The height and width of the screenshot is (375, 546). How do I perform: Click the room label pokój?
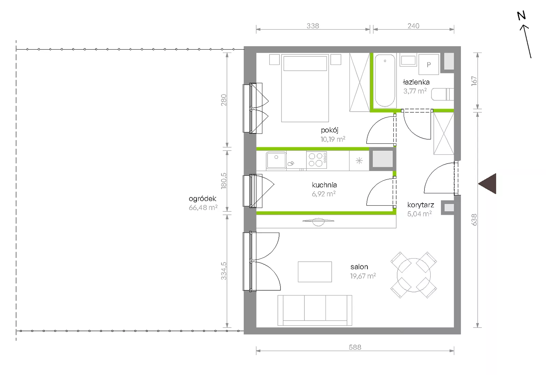point(330,130)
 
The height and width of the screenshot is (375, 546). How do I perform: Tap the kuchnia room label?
point(324,185)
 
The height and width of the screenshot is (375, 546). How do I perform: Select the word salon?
point(359,267)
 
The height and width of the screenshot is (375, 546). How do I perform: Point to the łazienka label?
point(416,82)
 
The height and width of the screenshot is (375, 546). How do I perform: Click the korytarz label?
point(420,205)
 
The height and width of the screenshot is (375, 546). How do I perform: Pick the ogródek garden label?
point(202,199)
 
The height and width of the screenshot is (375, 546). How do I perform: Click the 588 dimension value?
point(355,347)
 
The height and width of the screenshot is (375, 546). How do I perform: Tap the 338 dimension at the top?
point(313,26)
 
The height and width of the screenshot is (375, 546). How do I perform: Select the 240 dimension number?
point(413,26)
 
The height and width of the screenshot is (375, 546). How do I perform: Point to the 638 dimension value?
point(474,220)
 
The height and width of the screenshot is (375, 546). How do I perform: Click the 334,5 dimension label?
point(224,271)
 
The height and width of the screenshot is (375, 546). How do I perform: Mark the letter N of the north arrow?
point(521,16)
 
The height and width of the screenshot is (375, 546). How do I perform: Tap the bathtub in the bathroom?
point(385,81)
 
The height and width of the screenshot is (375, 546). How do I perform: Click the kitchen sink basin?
point(276,160)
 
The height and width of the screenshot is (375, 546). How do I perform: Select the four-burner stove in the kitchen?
point(316,160)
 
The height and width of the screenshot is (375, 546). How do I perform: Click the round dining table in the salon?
point(414,275)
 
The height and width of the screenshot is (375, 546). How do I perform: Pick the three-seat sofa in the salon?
point(315,310)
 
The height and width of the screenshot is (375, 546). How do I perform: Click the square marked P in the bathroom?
point(429,65)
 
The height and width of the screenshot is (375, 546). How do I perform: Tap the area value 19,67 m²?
point(363,276)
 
